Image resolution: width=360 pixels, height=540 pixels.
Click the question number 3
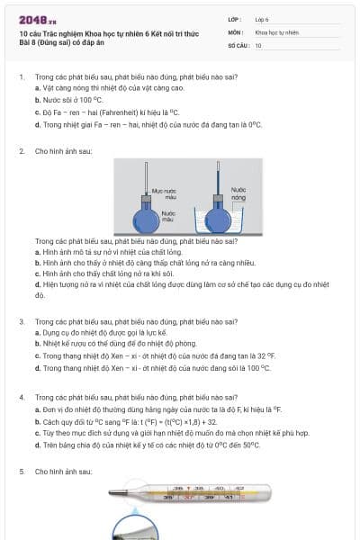22,321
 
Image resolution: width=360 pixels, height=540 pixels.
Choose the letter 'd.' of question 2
38,284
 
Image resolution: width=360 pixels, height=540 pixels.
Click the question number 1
22,77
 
